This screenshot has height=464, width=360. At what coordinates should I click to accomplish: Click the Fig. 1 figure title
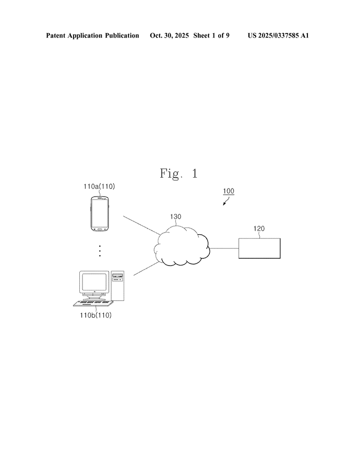click(x=179, y=173)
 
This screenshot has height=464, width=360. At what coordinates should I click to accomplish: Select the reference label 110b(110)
click(x=96, y=315)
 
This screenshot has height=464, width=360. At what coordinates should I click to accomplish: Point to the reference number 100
click(x=229, y=191)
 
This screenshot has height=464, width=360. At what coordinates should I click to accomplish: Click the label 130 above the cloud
click(x=176, y=217)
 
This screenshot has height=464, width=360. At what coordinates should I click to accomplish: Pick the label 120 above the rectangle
click(x=259, y=229)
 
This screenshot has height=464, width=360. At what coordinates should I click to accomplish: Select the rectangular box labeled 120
click(x=259, y=248)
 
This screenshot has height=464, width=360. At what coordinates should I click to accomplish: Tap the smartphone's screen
click(x=100, y=213)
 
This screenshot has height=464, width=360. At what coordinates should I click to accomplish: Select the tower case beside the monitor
click(x=117, y=285)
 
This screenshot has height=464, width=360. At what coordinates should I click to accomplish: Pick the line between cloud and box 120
click(x=224, y=248)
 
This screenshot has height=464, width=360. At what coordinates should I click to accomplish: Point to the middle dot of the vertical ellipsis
click(x=100, y=251)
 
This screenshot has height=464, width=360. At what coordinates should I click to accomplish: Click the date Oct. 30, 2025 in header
click(x=169, y=35)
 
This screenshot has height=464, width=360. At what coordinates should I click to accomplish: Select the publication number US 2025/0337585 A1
click(x=278, y=35)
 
